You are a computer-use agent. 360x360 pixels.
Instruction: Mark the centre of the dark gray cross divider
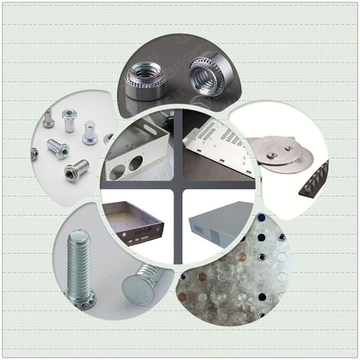point(178,185)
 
